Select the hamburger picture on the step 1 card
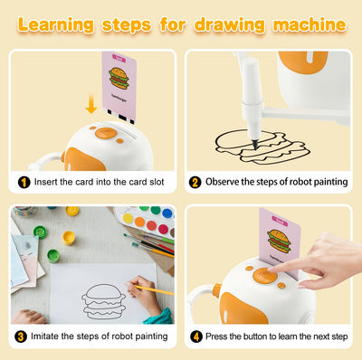pos(119,78)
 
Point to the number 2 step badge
pos(195,182)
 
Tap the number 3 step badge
pos(22,338)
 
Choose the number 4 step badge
pos(195,338)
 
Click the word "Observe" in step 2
pos(225,182)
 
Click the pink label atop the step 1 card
pos(119,56)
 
